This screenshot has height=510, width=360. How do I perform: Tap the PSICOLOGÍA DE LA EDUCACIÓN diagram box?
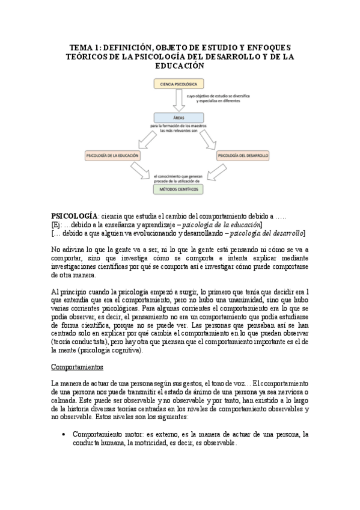click(113, 155)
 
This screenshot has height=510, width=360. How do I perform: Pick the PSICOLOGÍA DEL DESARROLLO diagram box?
click(243, 155)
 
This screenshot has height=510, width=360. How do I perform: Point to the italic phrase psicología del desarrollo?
click(267, 233)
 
